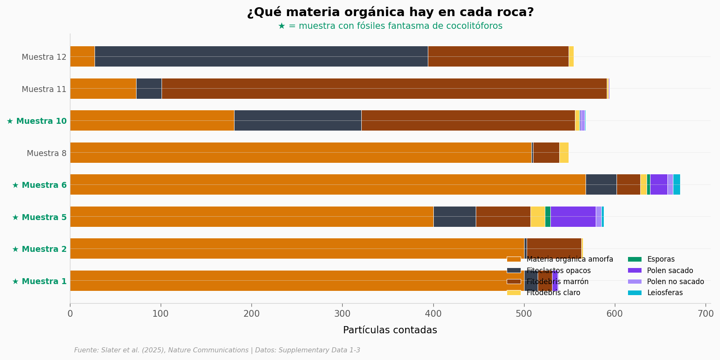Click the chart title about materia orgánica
click(390, 12)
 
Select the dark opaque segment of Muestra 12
click(261, 56)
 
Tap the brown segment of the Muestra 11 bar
click(384, 89)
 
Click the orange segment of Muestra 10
click(152, 120)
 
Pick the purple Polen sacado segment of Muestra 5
click(573, 217)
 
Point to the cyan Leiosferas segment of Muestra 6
click(676, 184)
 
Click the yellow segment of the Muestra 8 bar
click(564, 153)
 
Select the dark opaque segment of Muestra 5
click(454, 217)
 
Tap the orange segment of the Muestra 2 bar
click(297, 248)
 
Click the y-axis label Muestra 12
click(44, 57)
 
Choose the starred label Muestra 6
click(39, 185)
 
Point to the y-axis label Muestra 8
click(47, 153)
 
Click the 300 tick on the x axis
click(342, 314)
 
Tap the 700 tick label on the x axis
click(706, 314)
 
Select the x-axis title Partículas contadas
click(390, 330)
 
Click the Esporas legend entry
click(661, 259)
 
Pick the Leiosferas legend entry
click(664, 293)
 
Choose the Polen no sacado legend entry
click(675, 282)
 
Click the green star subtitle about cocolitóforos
click(390, 26)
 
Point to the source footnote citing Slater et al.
click(217, 350)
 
